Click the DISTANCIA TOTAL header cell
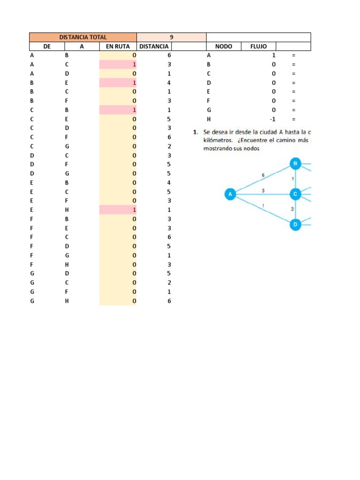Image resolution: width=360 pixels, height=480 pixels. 83,37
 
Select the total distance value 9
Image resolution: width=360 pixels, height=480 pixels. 172,37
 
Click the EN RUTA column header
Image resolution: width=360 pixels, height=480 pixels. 118,46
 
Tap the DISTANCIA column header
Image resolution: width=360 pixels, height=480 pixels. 154,46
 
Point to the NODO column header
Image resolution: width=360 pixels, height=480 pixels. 224,46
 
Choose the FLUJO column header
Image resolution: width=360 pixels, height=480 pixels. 259,46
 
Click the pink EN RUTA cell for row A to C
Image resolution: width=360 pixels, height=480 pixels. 118,65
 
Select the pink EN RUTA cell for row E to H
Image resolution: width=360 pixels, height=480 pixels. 118,210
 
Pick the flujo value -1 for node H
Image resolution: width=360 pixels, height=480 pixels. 272,120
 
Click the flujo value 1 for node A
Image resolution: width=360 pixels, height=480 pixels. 274,55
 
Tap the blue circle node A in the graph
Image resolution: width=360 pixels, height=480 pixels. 230,194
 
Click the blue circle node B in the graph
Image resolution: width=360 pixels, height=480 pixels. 295,164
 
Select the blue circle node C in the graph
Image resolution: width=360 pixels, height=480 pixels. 295,194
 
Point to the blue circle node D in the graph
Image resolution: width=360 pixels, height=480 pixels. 295,225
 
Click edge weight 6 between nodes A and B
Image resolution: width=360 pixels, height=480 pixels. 263,175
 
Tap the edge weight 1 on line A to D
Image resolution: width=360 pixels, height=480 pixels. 263,206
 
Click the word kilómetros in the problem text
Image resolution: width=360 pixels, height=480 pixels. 218,141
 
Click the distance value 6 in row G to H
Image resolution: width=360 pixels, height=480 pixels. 169,301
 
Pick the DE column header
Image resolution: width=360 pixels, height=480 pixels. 47,46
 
